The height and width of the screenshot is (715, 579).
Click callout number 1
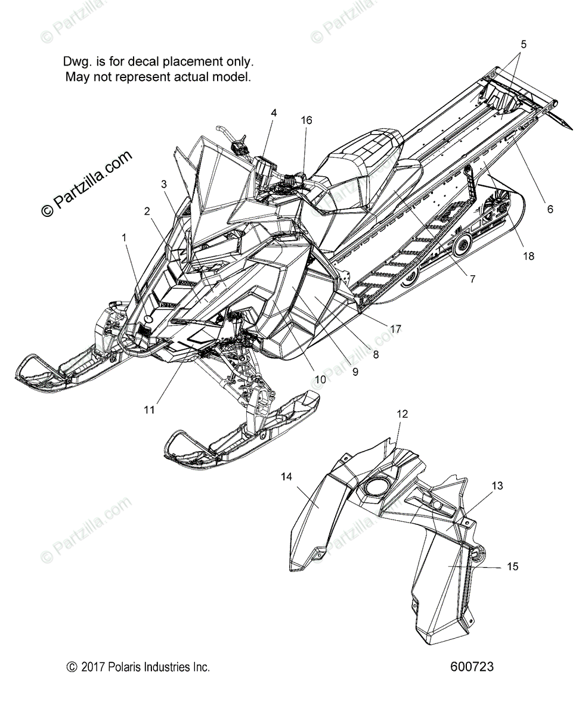[124, 237]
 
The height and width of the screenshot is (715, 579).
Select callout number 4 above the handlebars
[273, 113]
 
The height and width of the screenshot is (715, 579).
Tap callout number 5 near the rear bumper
[523, 44]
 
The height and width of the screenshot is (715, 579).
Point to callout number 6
[550, 209]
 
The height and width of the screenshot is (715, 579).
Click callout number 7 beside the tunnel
[472, 278]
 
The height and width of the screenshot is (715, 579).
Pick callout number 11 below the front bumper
[149, 409]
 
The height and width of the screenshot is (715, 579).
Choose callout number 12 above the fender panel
[402, 414]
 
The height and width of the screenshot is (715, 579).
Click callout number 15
[512, 567]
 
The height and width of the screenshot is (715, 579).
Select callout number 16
[306, 120]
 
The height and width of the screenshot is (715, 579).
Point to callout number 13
[497, 486]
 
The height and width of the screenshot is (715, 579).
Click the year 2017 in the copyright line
[94, 667]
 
